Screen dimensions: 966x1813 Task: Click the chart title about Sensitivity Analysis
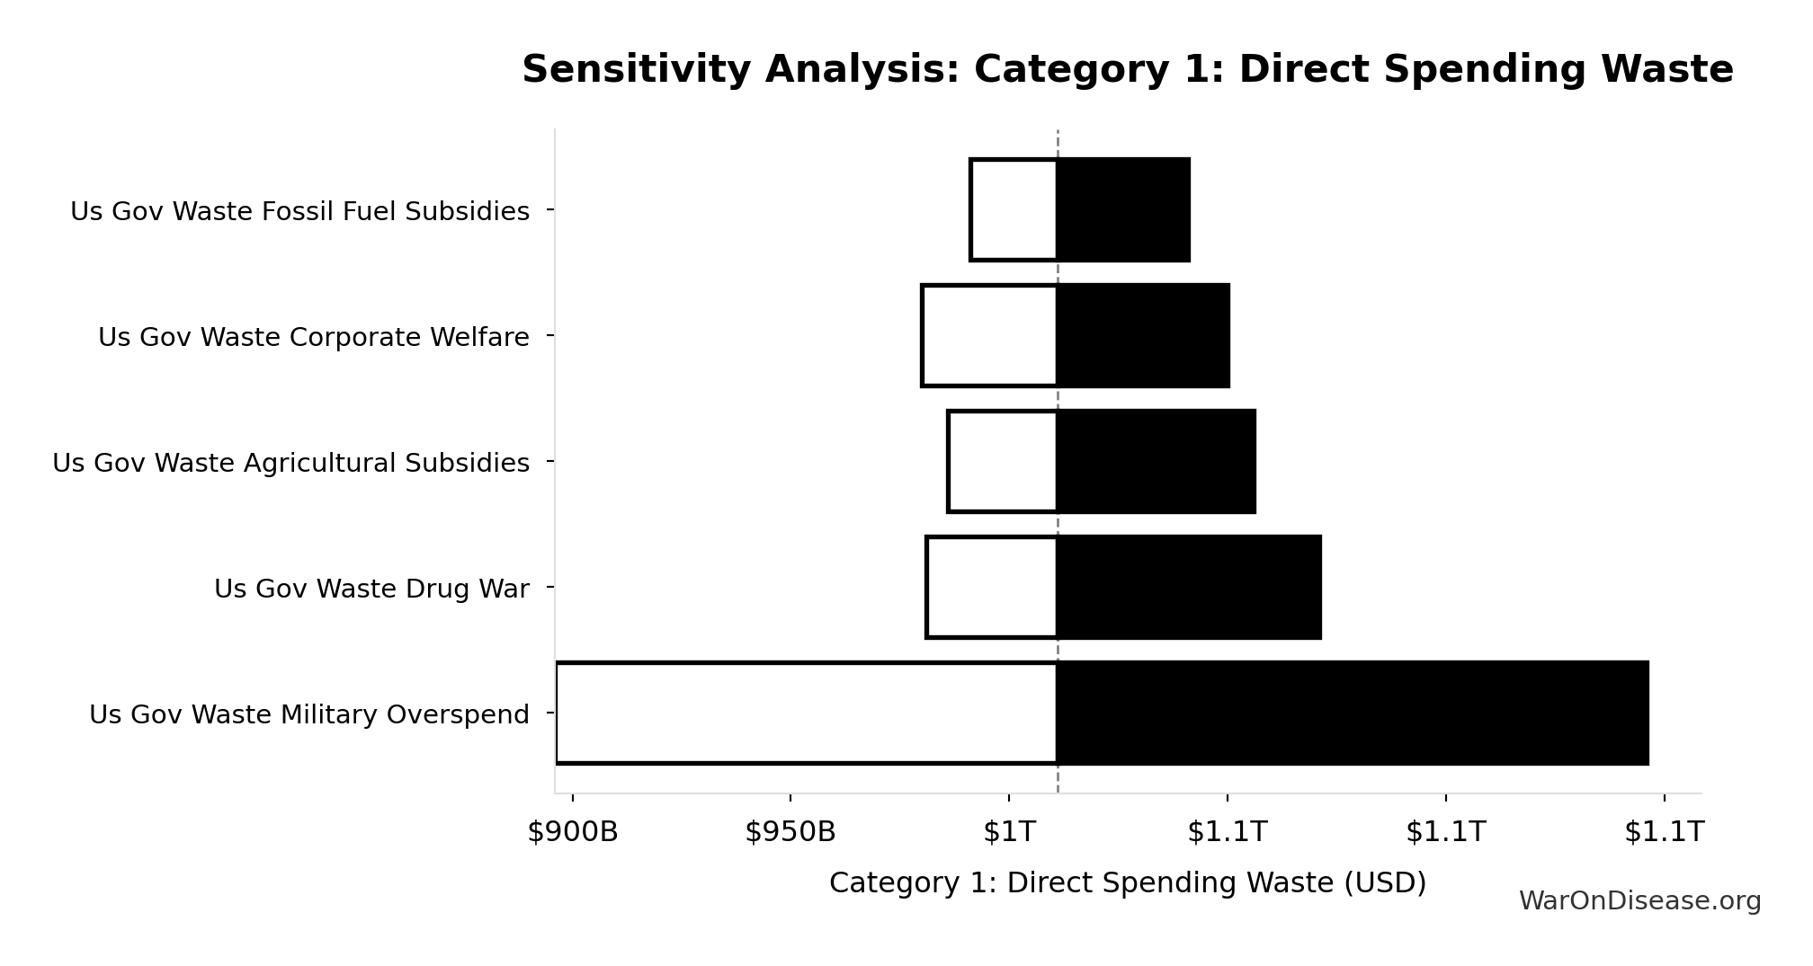pos(1127,70)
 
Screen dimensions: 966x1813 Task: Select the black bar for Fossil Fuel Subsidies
pos(1123,210)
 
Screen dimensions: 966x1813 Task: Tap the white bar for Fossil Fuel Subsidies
pos(1014,210)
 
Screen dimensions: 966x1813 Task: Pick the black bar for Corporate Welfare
pos(1143,336)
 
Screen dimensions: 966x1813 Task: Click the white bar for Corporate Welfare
pos(989,336)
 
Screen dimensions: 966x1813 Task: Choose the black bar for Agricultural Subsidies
pos(1156,462)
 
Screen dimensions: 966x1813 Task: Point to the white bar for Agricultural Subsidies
pos(1003,462)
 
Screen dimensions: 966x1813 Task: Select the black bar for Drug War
pos(1189,588)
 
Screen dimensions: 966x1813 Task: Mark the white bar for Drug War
pos(992,588)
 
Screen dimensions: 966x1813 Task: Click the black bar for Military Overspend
pos(1353,713)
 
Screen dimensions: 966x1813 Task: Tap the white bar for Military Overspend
pos(807,713)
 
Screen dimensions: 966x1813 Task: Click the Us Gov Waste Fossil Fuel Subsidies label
pos(299,212)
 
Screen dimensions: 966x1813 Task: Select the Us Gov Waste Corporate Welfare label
pos(313,338)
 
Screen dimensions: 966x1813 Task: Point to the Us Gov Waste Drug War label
pos(371,589)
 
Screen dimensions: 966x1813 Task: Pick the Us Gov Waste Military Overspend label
pos(308,715)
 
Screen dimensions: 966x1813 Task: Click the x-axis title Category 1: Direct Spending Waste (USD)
pos(1128,883)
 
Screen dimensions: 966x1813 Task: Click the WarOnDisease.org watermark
pos(1639,901)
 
